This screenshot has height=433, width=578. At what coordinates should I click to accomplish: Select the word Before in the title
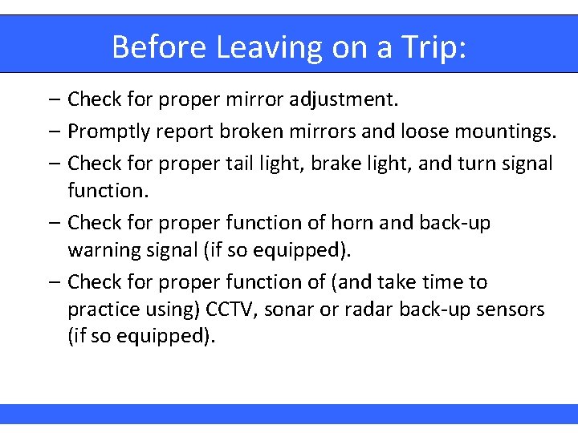pos(160,47)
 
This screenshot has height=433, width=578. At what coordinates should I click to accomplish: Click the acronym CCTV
pos(232,310)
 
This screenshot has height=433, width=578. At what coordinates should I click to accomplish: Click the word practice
pos(102,310)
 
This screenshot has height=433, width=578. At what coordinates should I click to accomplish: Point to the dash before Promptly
pos(52,132)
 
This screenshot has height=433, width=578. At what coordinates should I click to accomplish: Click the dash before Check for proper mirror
pos(52,100)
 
